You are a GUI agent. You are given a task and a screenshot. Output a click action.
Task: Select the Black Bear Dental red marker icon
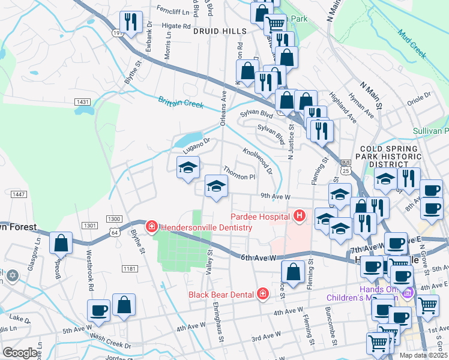262,294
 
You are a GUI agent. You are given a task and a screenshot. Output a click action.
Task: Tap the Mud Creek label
412,46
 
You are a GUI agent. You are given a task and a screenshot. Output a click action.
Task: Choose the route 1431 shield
83,102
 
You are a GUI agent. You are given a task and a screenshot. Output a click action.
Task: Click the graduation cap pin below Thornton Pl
216,185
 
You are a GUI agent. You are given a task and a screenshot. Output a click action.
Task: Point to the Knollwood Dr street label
258,160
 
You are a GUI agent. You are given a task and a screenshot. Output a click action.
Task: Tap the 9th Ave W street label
275,196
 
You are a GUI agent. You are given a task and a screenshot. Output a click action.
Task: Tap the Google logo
20,352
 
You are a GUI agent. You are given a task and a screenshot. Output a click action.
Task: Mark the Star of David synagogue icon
13,276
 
